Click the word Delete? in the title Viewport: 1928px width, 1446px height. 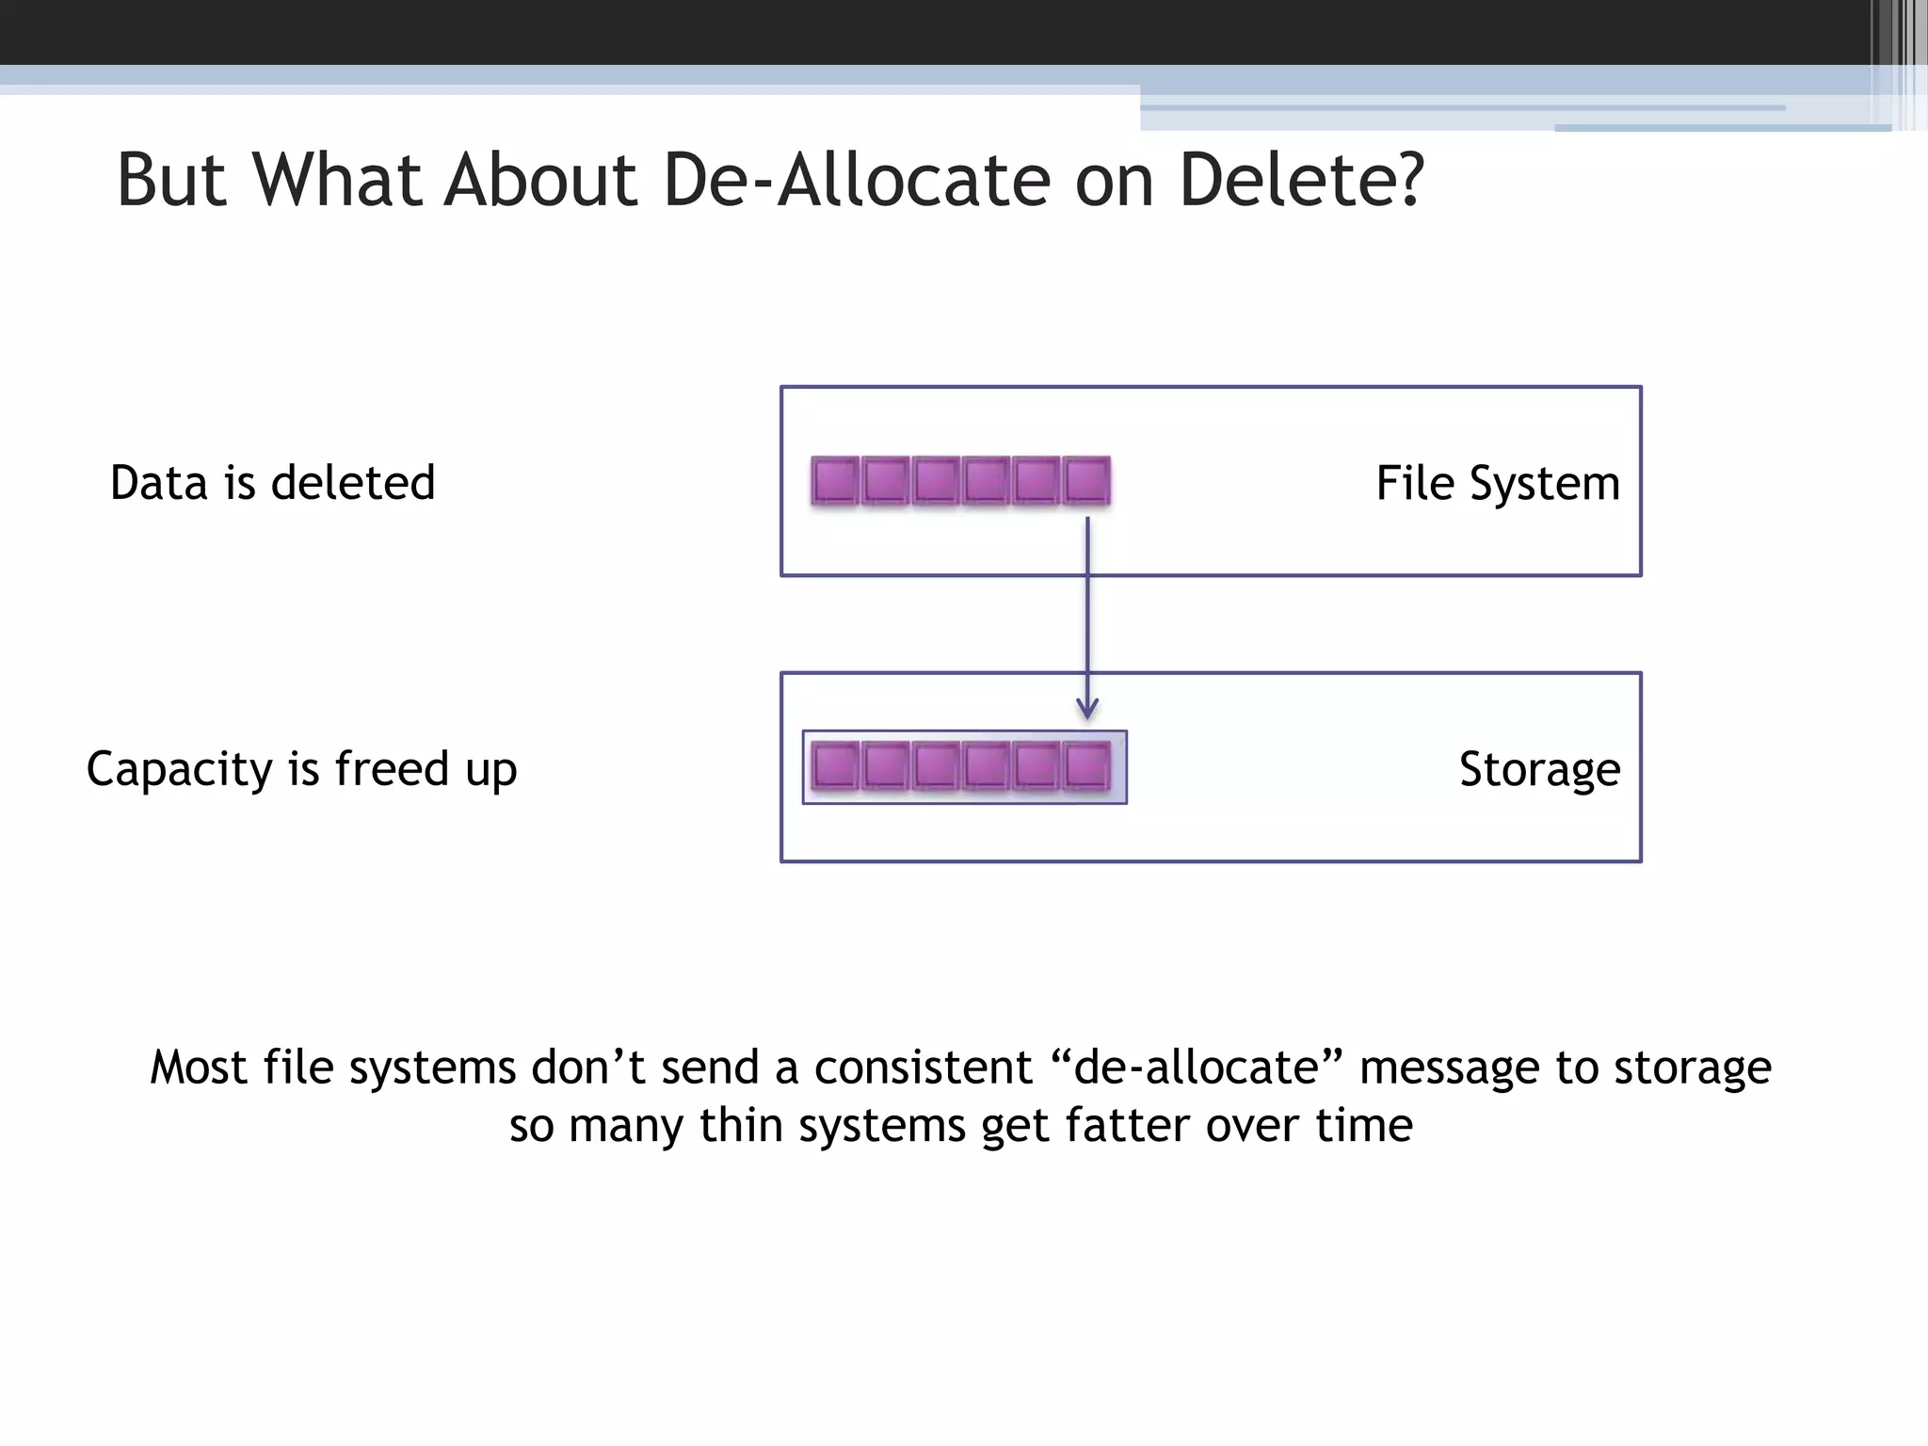pos(1301,180)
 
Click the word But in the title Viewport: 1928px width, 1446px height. pos(171,180)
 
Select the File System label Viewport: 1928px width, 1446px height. pos(1498,484)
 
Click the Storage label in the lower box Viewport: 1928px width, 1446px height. pos(1539,769)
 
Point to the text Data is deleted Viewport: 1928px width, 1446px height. pos(273,483)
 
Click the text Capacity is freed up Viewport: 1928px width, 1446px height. pos(301,769)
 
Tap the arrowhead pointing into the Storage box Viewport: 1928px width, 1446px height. pos(1087,709)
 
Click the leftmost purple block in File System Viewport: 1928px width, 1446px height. pos(835,480)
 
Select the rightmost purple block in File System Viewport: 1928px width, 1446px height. pos(1086,480)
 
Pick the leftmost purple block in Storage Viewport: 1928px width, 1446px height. pos(835,765)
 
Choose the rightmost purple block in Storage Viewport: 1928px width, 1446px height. pos(1086,765)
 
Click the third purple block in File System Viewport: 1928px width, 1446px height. pos(936,480)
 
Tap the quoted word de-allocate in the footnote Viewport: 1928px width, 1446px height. pos(1196,1068)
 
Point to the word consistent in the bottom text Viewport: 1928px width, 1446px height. pos(923,1068)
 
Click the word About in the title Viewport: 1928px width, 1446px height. pos(541,180)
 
